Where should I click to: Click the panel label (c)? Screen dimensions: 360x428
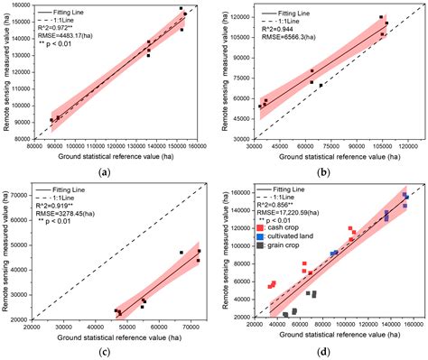105,350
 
